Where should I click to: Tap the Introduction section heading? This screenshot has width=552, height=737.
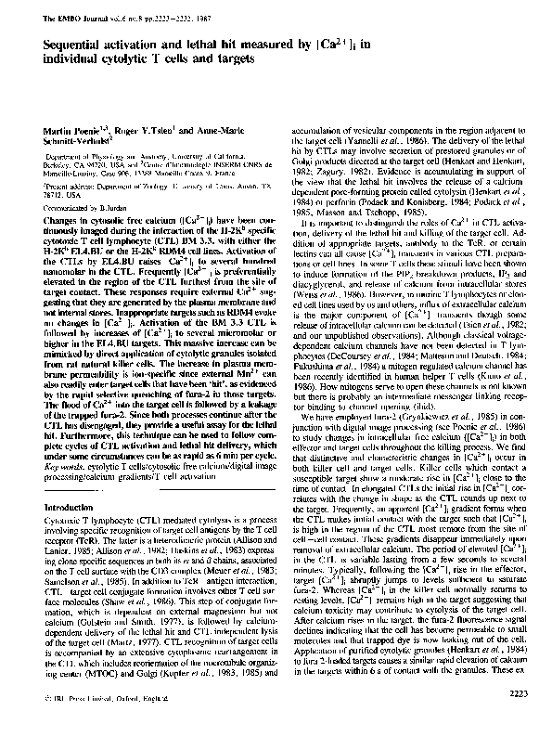[x=70, y=509]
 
